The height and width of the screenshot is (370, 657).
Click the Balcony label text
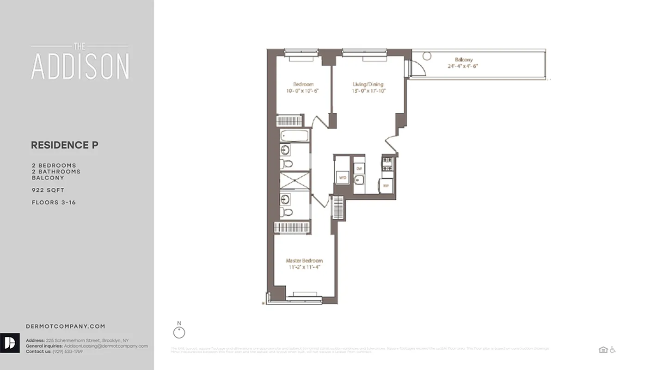pyautogui.click(x=463, y=60)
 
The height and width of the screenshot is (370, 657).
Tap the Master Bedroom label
pyautogui.click(x=304, y=261)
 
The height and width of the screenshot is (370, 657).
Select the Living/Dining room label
pyautogui.click(x=368, y=84)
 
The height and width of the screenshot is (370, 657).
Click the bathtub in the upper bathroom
pyautogui.click(x=295, y=136)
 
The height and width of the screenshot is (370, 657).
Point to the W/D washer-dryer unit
pyautogui.click(x=343, y=177)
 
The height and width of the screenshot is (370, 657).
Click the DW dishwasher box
pyautogui.click(x=359, y=169)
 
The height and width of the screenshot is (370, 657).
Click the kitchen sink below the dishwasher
pyautogui.click(x=359, y=180)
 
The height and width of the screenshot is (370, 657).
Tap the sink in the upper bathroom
pyautogui.click(x=285, y=150)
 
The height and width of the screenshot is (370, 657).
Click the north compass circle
pyautogui.click(x=179, y=333)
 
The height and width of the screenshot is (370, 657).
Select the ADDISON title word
pyautogui.click(x=80, y=66)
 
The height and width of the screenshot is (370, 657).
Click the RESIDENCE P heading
pyautogui.click(x=64, y=145)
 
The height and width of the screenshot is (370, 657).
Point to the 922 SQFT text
pyautogui.click(x=48, y=190)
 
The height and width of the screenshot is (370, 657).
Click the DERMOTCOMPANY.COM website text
pyautogui.click(x=65, y=326)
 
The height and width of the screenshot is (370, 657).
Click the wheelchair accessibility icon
pyautogui.click(x=613, y=350)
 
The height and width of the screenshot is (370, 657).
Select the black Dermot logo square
pyautogui.click(x=10, y=343)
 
